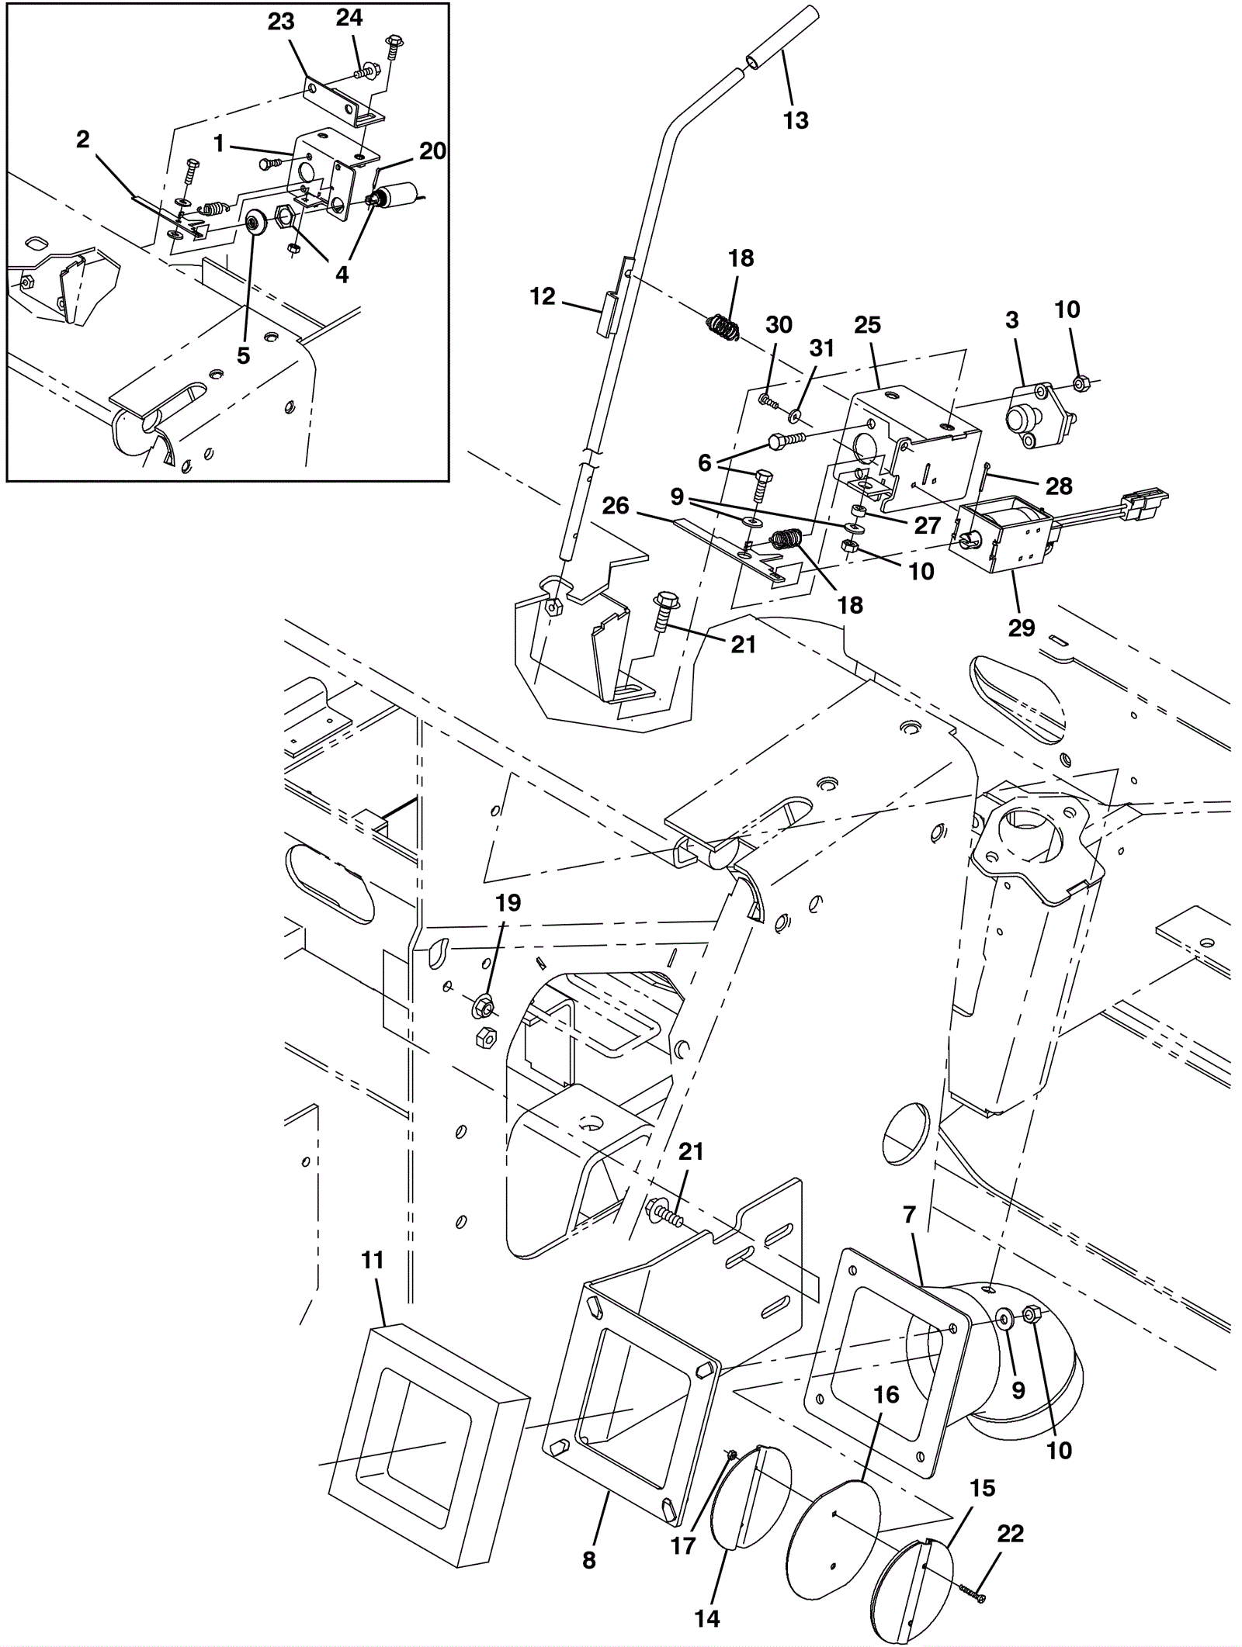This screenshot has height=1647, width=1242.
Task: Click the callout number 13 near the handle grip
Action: [796, 120]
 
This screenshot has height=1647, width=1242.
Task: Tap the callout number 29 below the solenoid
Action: [1022, 628]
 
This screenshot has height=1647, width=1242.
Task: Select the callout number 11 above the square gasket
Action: [373, 1261]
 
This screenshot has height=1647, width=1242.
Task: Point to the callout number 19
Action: [508, 903]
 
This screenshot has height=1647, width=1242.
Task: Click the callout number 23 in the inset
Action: [281, 22]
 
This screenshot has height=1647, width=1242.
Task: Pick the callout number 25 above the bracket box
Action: [867, 325]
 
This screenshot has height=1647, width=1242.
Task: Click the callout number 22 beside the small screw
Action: [1010, 1534]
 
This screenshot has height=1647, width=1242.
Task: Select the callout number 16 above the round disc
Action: [886, 1395]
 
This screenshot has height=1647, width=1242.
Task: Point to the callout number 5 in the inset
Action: [243, 355]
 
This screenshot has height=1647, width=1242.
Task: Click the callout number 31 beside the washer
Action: [821, 348]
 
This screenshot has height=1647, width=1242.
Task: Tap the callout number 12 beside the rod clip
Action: [543, 296]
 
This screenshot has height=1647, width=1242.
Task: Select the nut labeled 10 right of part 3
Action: [1080, 382]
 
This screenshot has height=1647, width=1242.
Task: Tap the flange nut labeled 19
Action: [483, 1007]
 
